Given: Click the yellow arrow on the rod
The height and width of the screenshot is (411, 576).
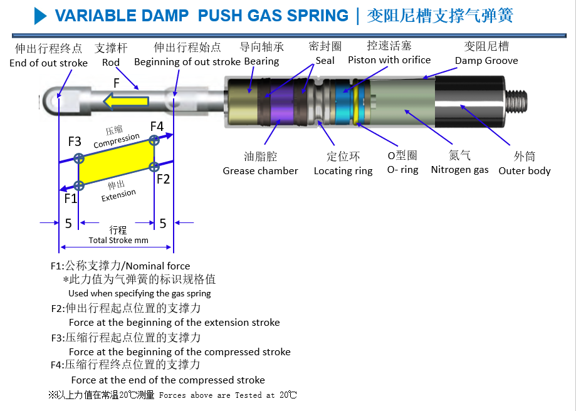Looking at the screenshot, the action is pos(125,101).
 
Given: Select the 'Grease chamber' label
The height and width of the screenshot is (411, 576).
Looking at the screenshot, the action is pos(260,171).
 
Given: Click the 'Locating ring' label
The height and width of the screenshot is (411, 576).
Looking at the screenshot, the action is pos(343,171).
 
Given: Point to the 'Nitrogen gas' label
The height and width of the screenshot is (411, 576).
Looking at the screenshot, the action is pos(459,170).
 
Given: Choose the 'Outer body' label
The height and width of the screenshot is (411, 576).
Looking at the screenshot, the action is pos(525,171).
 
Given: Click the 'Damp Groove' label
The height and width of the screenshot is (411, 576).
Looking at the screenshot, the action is pos(486,61).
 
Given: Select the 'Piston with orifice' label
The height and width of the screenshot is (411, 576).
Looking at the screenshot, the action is pos(389,60).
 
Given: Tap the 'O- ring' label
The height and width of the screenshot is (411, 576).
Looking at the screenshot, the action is pos(402,170).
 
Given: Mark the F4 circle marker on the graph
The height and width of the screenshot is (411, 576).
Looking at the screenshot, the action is pos(154,140).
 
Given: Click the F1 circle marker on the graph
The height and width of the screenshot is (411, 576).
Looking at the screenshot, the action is pos(78,185).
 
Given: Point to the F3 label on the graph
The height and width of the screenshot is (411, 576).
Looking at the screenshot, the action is pos(75,142).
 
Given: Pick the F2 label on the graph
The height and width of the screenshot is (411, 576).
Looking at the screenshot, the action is pos(163,179).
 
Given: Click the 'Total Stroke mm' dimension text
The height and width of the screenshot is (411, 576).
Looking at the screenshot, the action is pos(118,240).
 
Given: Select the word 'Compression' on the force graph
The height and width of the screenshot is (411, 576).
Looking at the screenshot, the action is pos(117,140).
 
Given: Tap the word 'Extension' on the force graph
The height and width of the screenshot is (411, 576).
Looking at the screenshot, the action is pos(118,195).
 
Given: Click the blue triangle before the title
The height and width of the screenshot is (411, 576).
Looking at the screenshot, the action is pos(40,16).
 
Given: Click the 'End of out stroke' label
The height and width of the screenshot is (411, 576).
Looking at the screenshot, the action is pos(48,63).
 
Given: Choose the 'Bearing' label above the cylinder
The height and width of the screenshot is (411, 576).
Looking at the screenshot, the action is pos(261,61).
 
